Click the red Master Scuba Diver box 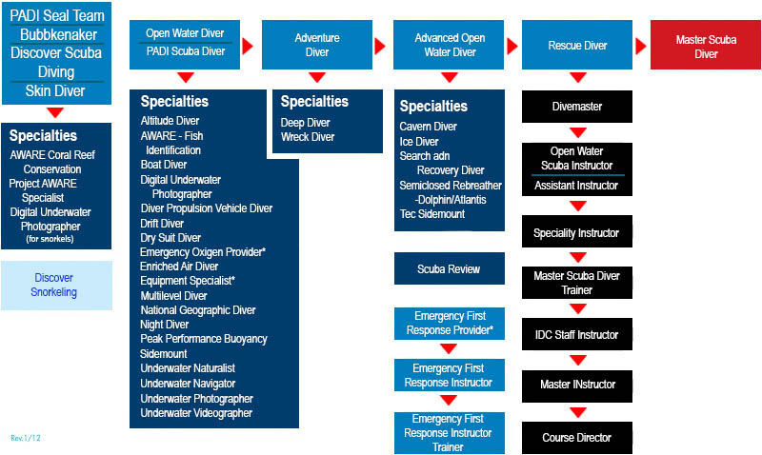coord(706,45)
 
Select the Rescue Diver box coord(577,45)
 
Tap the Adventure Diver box coord(317,45)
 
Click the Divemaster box coord(577,107)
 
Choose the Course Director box coord(577,438)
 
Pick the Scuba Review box coord(449,268)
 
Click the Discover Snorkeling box coord(56,286)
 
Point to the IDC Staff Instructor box coord(577,334)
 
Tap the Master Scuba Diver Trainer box coord(577,283)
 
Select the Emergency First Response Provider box coord(449,324)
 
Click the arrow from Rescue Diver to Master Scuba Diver coord(641,46)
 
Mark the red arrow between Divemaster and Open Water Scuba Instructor coord(578,132)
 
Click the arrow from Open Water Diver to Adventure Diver coord(248,46)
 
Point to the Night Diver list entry coord(164,325)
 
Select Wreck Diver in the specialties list coord(308,137)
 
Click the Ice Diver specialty coord(419,142)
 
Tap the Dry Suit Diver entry coord(170,238)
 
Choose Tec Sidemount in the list coord(432,214)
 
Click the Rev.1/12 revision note coord(26,438)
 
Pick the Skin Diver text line coord(55,90)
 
